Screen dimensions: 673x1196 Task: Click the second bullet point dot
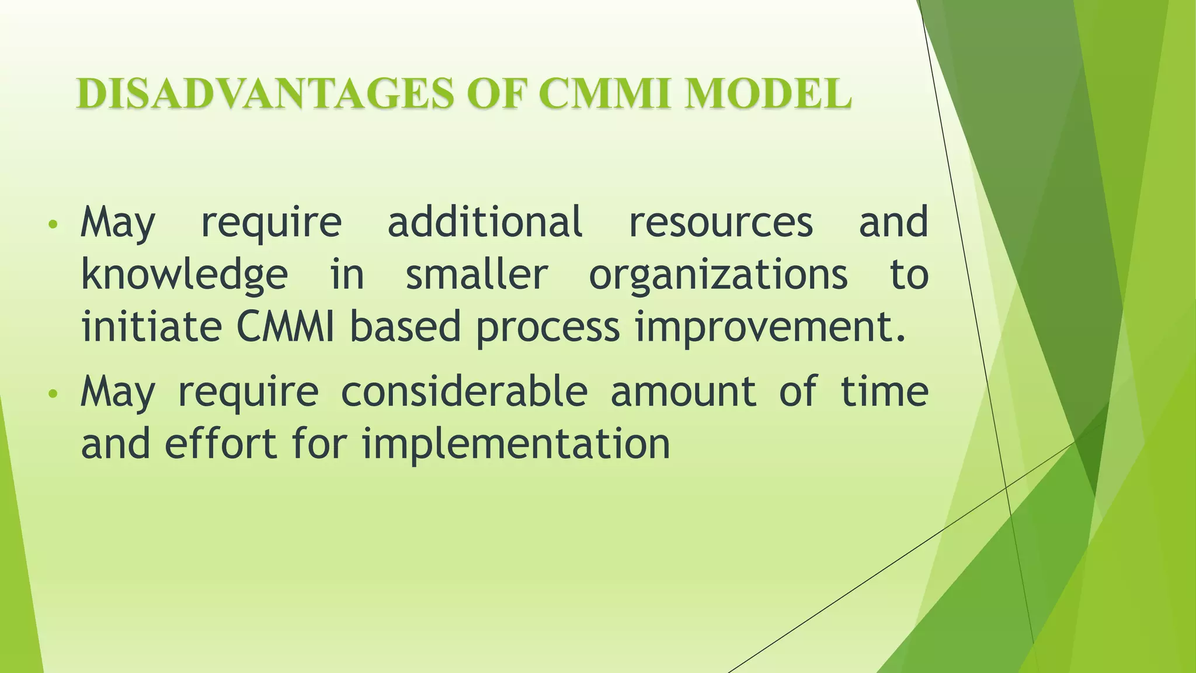point(53,394)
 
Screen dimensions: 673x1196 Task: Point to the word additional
point(485,222)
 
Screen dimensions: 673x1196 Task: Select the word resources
point(720,222)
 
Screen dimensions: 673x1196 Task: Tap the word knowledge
point(184,275)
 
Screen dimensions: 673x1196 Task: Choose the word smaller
point(477,275)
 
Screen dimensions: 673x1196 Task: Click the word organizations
point(718,275)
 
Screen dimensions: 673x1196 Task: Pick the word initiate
point(151,327)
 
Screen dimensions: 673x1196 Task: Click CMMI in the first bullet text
point(285,327)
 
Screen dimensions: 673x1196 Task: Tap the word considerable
point(464,391)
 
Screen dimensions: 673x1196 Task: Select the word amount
point(683,391)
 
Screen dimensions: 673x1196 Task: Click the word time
point(884,391)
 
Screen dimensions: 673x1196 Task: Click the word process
point(547,328)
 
